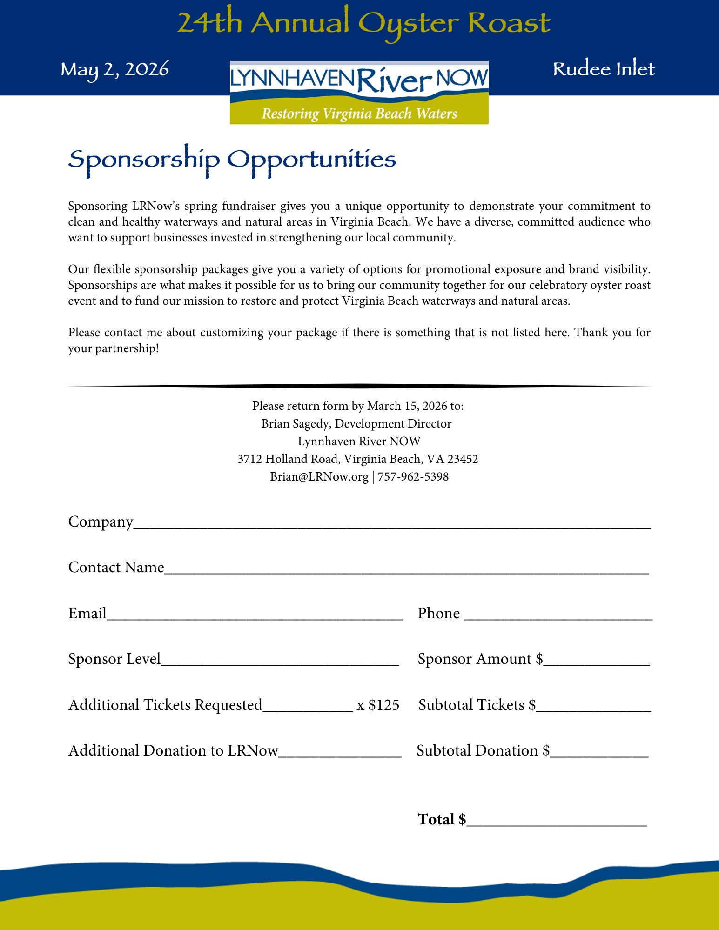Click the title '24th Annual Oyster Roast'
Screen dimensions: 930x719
point(363,23)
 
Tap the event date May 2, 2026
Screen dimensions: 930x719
point(114,69)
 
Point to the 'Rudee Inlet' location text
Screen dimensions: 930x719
point(604,69)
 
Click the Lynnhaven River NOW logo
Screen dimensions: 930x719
point(359,92)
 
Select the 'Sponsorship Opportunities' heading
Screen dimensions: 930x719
point(232,160)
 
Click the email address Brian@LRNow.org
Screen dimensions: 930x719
point(319,477)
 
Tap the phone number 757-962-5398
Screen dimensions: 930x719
point(413,477)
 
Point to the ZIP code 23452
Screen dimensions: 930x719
point(463,459)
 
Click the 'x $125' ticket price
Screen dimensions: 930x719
point(378,705)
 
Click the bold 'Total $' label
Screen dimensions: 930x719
point(442,819)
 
